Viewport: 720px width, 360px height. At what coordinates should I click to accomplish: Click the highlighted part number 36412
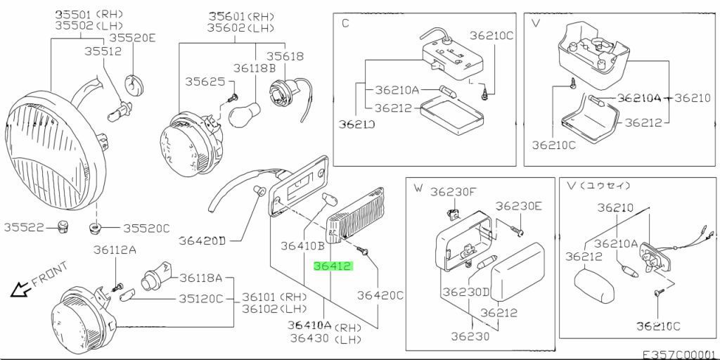point(333,266)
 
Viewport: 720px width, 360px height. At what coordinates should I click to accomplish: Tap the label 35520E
point(133,38)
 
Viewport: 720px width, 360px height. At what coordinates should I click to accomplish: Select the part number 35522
point(24,227)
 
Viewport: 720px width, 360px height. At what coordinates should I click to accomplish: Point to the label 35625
point(205,82)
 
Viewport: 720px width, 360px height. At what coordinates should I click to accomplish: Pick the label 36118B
point(255,68)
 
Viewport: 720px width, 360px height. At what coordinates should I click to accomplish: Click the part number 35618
point(285,56)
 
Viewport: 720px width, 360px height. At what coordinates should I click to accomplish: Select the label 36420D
point(202,240)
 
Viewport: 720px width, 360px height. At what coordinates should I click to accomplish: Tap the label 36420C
point(380,295)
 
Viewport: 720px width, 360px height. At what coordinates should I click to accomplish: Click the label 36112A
point(115,250)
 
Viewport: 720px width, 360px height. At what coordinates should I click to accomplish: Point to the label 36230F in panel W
point(452,191)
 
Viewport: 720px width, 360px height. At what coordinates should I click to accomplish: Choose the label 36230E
point(518,206)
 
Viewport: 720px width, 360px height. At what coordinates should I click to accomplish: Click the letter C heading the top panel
point(345,23)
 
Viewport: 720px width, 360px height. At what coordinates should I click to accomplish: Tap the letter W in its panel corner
point(418,188)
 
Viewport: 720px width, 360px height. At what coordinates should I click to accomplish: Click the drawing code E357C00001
point(680,355)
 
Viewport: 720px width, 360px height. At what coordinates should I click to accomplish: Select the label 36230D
point(467,292)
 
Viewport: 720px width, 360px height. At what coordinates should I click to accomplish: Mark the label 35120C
point(200,299)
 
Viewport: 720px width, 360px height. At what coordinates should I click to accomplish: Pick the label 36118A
point(200,278)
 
